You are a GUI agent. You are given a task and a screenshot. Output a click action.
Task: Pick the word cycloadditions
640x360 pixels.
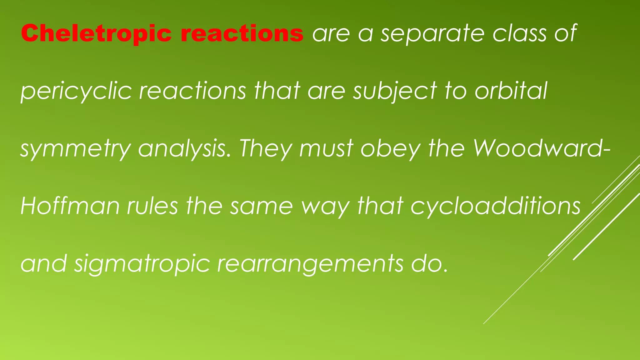click(495, 207)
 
